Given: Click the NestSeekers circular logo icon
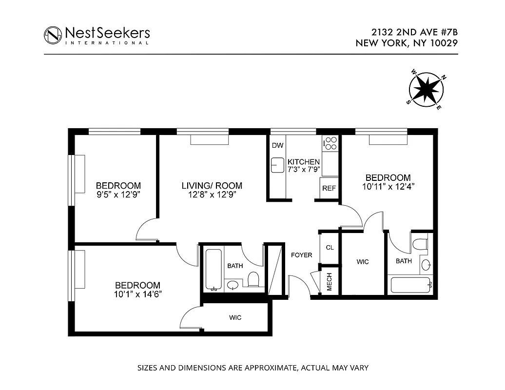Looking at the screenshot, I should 53,35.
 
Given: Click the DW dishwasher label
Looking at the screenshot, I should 277,145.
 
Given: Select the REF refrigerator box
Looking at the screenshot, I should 329,188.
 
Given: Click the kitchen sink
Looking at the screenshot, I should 277,165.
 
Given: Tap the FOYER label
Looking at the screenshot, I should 301,255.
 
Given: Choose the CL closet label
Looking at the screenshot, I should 330,247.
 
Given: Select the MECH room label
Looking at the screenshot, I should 329,282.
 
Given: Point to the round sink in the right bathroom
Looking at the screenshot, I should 426,265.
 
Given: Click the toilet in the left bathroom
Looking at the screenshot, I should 253,279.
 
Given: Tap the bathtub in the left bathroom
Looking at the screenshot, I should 213,270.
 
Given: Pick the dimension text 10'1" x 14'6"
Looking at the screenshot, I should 138,294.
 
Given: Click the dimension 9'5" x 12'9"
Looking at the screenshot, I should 118,194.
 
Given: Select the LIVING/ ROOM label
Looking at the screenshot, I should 212,186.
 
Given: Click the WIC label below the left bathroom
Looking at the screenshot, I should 235,318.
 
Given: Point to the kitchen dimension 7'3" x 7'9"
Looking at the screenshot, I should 303,170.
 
